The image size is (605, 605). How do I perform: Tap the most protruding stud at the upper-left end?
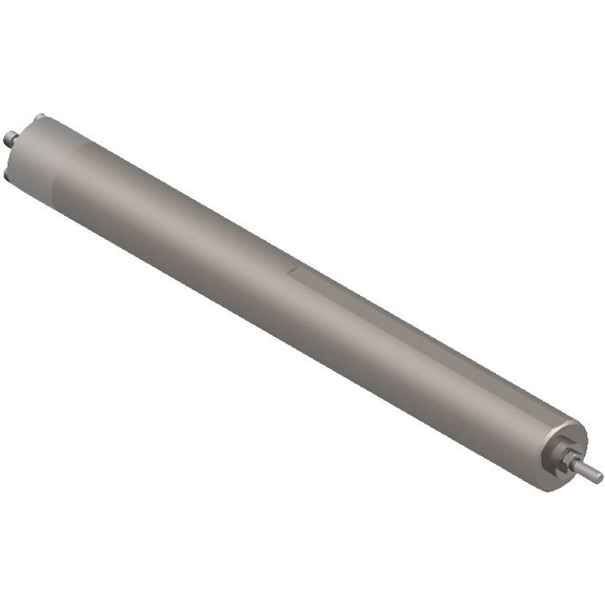click(9, 137)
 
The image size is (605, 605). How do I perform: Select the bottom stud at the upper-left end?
click(7, 172)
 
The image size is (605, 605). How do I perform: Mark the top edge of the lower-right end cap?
click(577, 422)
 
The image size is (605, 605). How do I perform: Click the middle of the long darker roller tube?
click(298, 298)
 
